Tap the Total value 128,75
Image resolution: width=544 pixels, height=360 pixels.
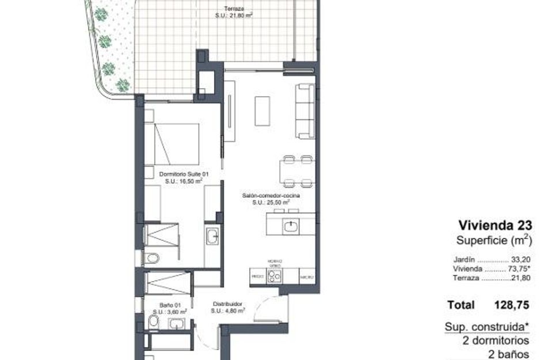tap(512, 305)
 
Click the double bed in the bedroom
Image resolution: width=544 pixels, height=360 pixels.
tap(176, 144)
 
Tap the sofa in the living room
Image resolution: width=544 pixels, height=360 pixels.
tap(305, 111)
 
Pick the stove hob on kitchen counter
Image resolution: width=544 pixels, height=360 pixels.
tap(275, 277)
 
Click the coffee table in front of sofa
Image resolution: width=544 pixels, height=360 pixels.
tap(263, 111)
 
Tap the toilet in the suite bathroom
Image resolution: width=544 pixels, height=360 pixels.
tap(151, 257)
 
